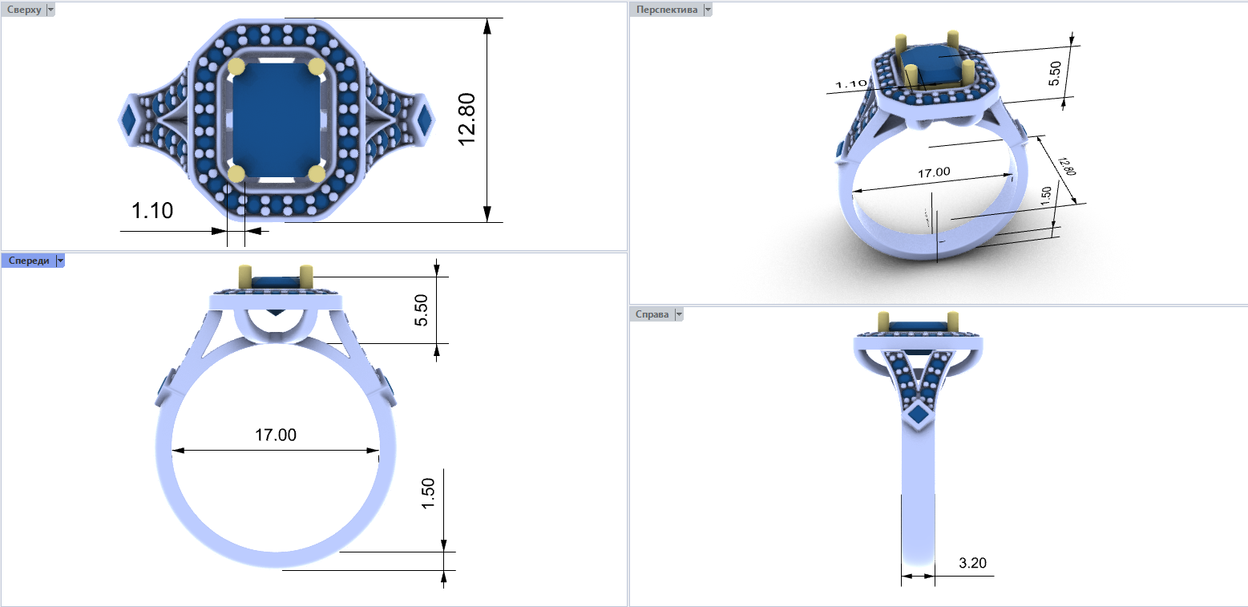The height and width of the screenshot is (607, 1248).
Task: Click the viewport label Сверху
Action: (x=24, y=10)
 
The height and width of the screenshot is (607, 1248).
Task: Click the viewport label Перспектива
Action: (x=666, y=10)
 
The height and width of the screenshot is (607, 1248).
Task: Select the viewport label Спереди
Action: (x=28, y=261)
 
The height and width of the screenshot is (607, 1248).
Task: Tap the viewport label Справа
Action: (x=652, y=314)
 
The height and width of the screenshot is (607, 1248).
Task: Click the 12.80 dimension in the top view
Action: (x=466, y=119)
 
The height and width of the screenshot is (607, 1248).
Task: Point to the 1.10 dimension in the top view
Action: (x=152, y=211)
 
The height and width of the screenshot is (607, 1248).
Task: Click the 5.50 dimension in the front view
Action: (x=421, y=310)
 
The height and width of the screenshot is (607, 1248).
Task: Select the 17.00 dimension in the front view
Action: (x=275, y=435)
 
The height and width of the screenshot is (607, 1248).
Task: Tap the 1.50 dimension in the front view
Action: (x=428, y=493)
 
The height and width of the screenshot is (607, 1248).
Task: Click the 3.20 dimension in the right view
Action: (x=972, y=563)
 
